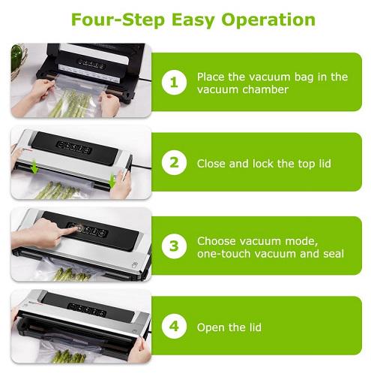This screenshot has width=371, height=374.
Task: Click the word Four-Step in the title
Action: pos(118,20)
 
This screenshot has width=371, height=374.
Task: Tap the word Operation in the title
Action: pos(268,20)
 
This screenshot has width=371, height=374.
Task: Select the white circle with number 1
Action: pos(174,82)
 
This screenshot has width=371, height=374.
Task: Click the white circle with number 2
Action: pos(174,162)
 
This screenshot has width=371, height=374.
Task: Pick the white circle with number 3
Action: pos(174,246)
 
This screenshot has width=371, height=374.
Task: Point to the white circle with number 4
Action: pos(174,326)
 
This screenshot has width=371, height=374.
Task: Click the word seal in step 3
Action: pos(334,254)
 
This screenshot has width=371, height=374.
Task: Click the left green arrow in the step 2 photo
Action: pos(34,167)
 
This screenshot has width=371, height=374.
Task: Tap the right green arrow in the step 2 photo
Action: pos(112,182)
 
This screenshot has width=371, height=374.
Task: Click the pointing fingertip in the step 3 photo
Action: pos(77,228)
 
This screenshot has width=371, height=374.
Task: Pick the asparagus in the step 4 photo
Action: pos(68,357)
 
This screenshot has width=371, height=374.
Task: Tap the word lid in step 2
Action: pos(325,164)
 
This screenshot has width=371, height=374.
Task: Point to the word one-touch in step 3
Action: pos(224,254)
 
